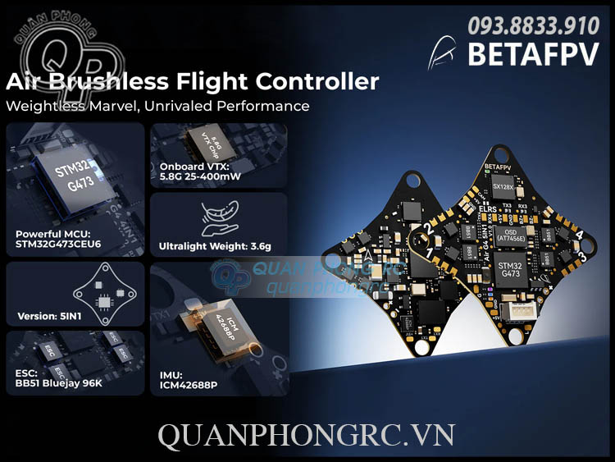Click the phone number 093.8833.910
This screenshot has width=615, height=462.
point(532,25)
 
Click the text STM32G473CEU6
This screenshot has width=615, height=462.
point(58,244)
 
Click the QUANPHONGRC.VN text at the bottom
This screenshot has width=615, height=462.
point(307,436)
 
